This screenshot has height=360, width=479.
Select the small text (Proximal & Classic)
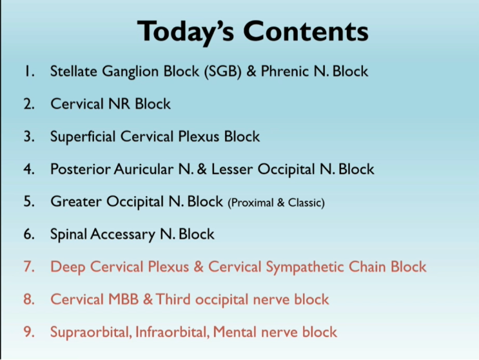coord(276,203)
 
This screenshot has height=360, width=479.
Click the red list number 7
coord(28,267)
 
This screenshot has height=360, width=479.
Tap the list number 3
coord(28,137)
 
